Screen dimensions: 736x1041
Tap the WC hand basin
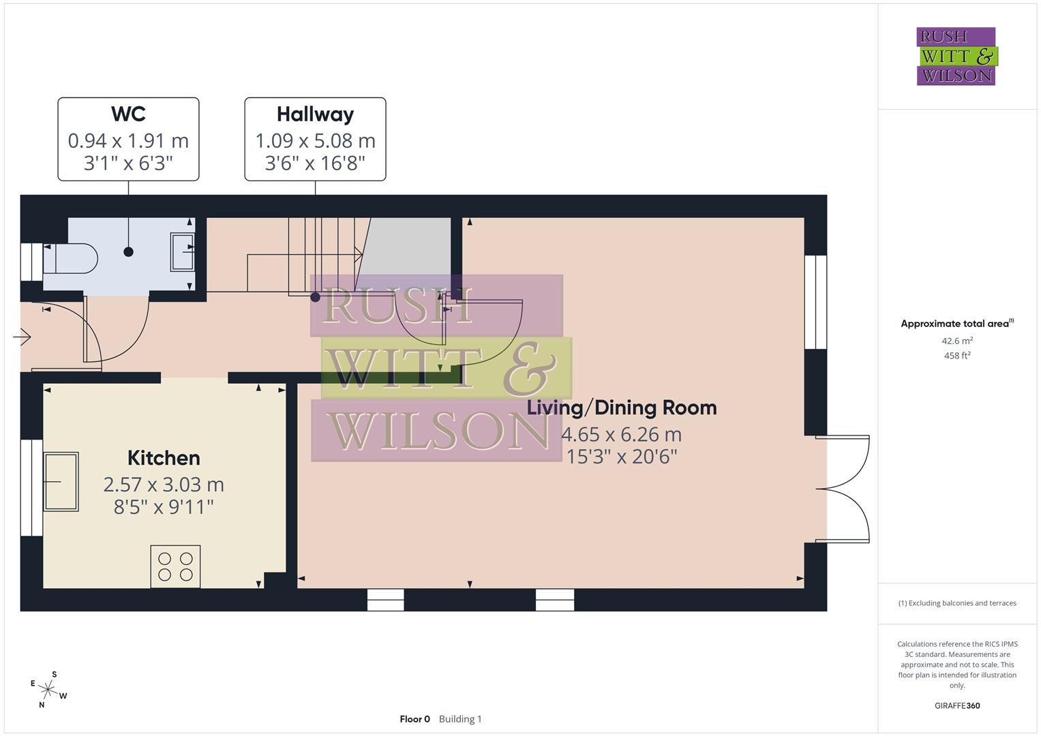(182, 252)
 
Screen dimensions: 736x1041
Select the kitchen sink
(61, 481)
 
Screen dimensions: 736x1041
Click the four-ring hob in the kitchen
(175, 566)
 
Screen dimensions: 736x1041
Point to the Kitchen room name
(164, 458)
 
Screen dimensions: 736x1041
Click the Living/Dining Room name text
(622, 408)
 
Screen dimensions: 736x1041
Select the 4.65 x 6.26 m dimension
(621, 434)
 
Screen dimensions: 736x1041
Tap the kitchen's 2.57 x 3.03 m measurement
(164, 485)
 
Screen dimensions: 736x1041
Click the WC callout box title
(128, 114)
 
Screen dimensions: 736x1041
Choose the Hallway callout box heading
(315, 114)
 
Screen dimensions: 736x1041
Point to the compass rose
(48, 689)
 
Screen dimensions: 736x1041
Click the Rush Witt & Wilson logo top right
(956, 57)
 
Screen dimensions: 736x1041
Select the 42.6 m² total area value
(956, 341)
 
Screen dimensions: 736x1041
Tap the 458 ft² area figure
(956, 356)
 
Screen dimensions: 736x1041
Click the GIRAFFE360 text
(956, 706)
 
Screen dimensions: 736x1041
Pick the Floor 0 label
(414, 719)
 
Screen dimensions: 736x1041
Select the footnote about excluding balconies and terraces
(956, 603)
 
